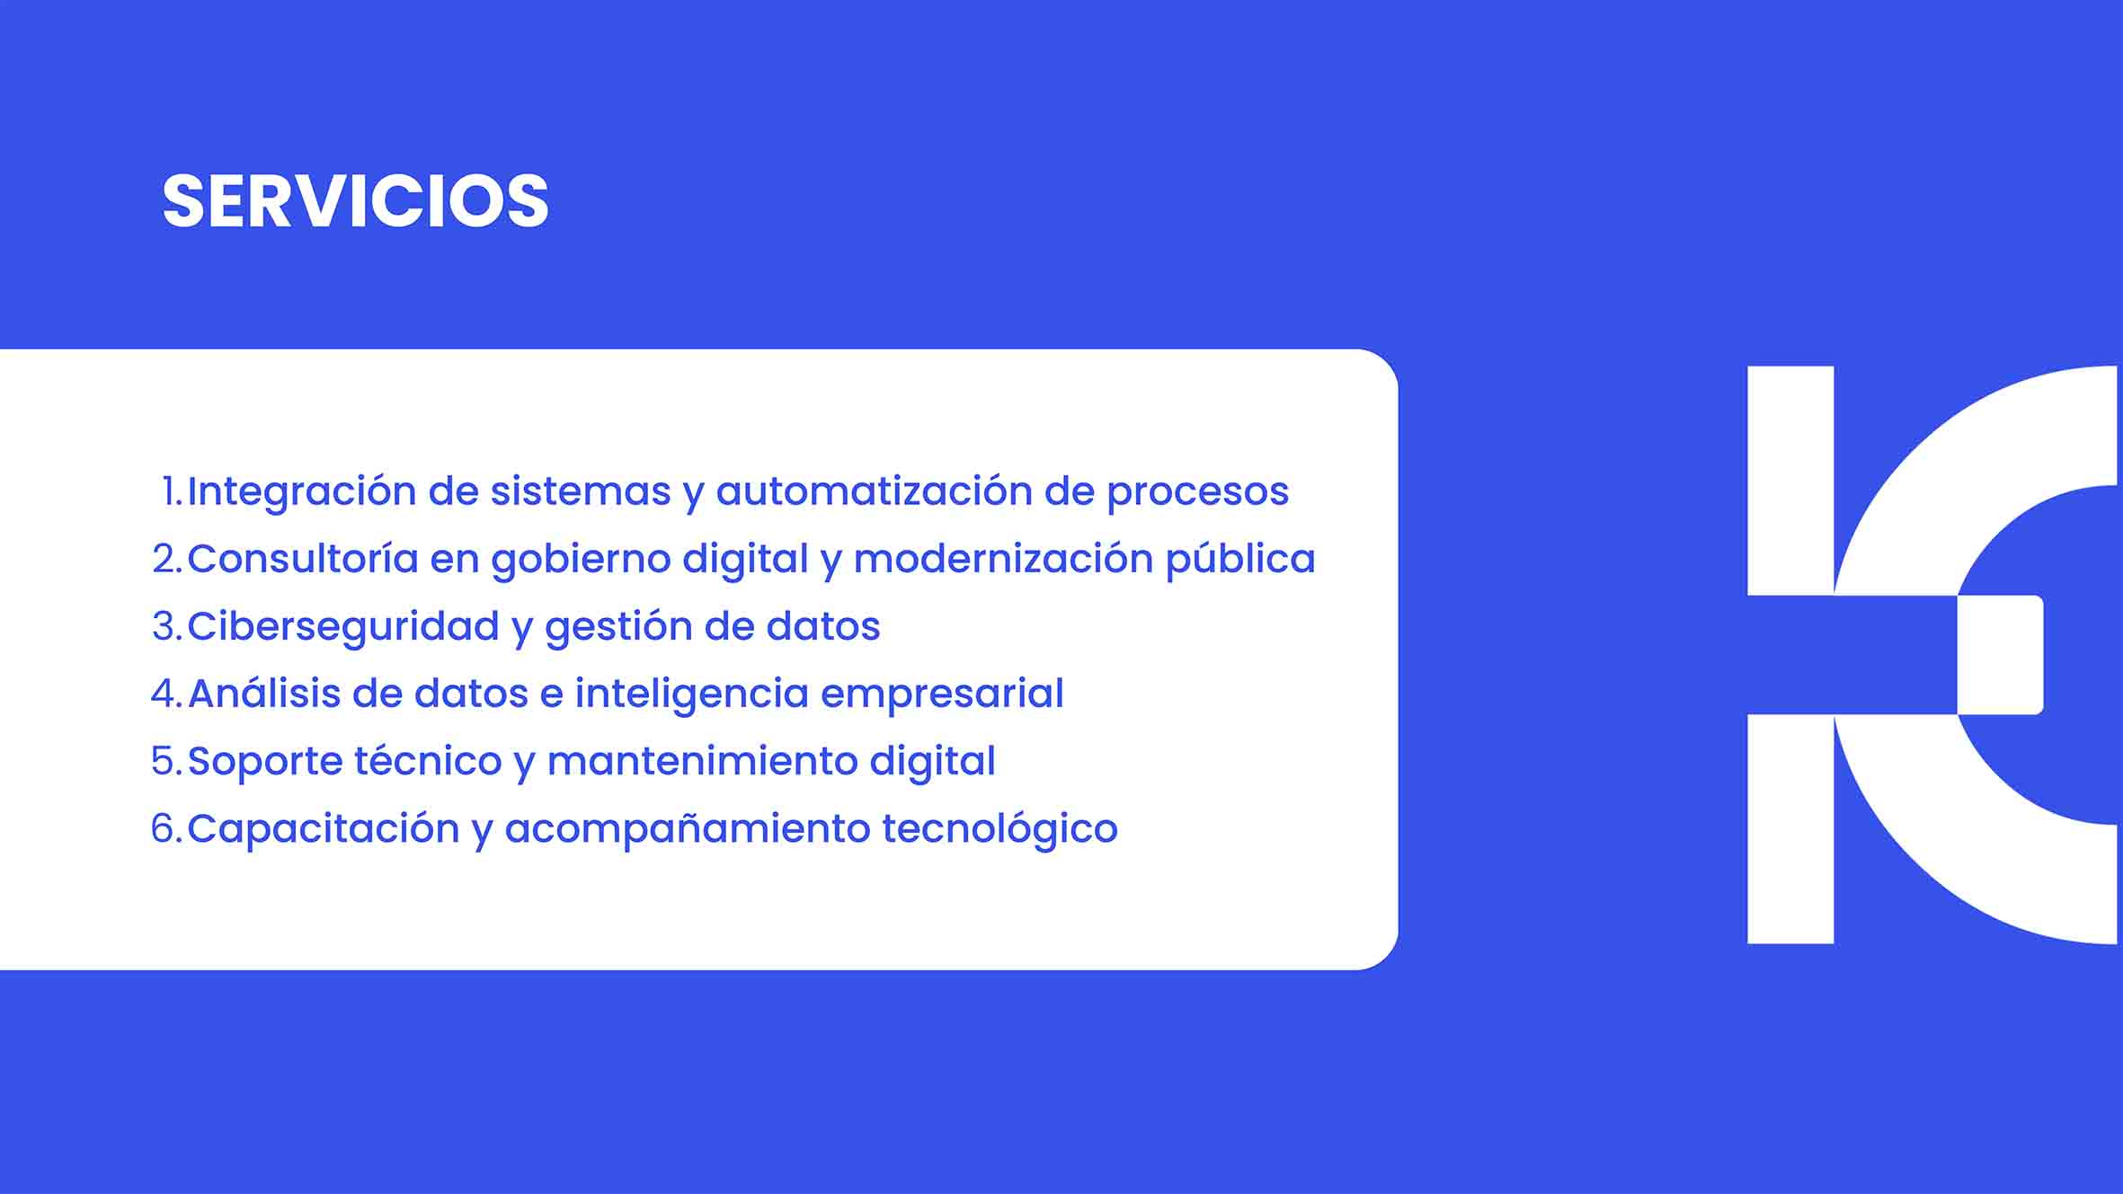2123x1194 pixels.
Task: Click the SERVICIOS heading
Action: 355,200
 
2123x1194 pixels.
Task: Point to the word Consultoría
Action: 303,559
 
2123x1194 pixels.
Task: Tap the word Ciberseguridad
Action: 343,626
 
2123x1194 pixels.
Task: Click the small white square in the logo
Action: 2001,655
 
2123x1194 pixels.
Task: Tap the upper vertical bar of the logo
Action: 1790,481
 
